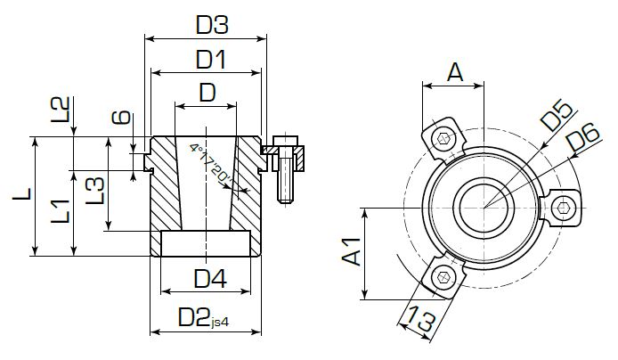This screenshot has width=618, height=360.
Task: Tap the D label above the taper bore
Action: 207,92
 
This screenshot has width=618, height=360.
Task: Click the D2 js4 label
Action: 201,317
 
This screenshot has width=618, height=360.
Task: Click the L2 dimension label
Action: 59,111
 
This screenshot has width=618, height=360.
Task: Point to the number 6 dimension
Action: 124,119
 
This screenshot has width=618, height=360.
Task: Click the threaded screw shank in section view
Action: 285,181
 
